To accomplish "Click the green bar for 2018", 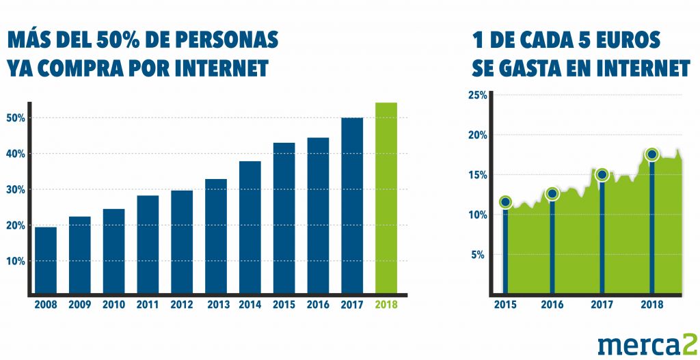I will (386, 198).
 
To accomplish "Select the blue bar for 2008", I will (46, 260).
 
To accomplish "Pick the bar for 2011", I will (148, 244).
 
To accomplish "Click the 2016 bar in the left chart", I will (318, 215).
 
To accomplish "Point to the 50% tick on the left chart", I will (16, 118).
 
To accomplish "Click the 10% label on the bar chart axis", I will (16, 261).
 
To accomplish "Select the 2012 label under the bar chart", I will (182, 305).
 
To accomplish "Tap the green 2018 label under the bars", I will (386, 305).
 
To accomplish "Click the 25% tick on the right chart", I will (477, 95).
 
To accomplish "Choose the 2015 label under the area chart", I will (505, 305).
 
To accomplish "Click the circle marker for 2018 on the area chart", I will (652, 154).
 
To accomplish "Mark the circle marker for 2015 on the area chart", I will (505, 202).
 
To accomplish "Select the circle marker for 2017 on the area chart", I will (602, 175).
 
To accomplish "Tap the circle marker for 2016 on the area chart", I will (552, 193).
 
